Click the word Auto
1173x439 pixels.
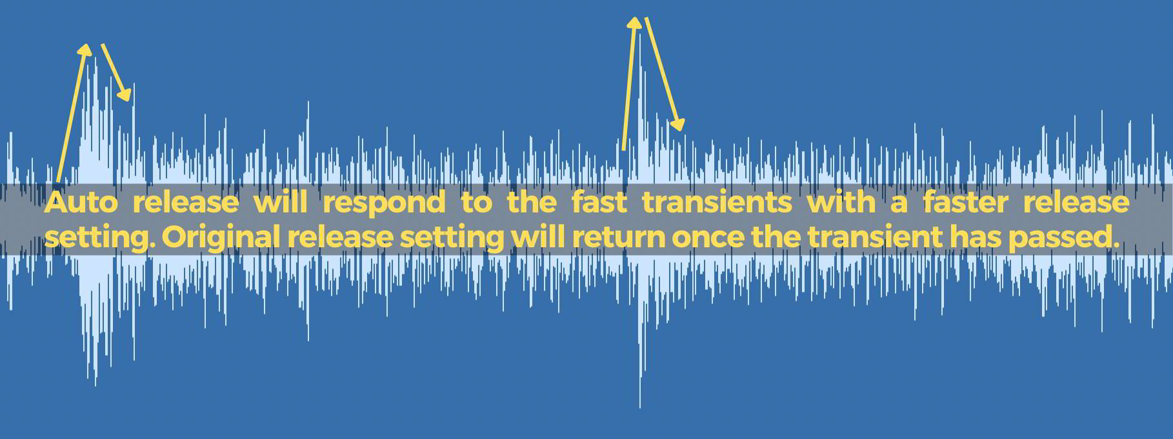pos(81,203)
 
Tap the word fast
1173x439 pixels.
pos(599,203)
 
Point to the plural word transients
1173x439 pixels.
pos(717,203)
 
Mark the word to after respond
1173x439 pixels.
pos(476,203)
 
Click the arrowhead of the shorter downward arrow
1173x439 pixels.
pos(125,94)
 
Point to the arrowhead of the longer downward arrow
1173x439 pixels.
pos(677,124)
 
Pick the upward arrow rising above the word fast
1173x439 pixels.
pos(629,84)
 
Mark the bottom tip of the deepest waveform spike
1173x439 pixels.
pos(640,407)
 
